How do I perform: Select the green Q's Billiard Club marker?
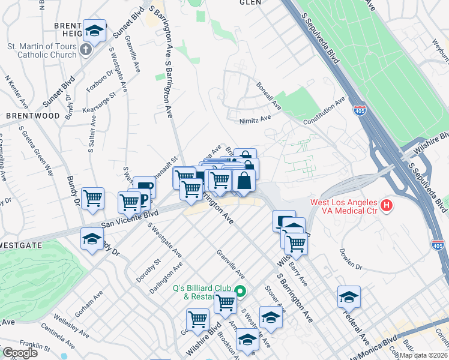[x=240, y=292]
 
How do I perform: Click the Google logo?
[x=20, y=353]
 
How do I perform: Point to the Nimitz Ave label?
[x=255, y=119]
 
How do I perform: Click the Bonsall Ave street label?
[x=268, y=96]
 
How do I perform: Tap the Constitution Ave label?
[x=324, y=112]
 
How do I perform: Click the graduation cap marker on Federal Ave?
[x=349, y=297]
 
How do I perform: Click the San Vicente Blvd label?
[x=129, y=219]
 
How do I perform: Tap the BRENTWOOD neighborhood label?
[x=33, y=115]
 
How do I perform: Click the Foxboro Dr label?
[x=98, y=83]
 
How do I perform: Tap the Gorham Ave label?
[x=89, y=304]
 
